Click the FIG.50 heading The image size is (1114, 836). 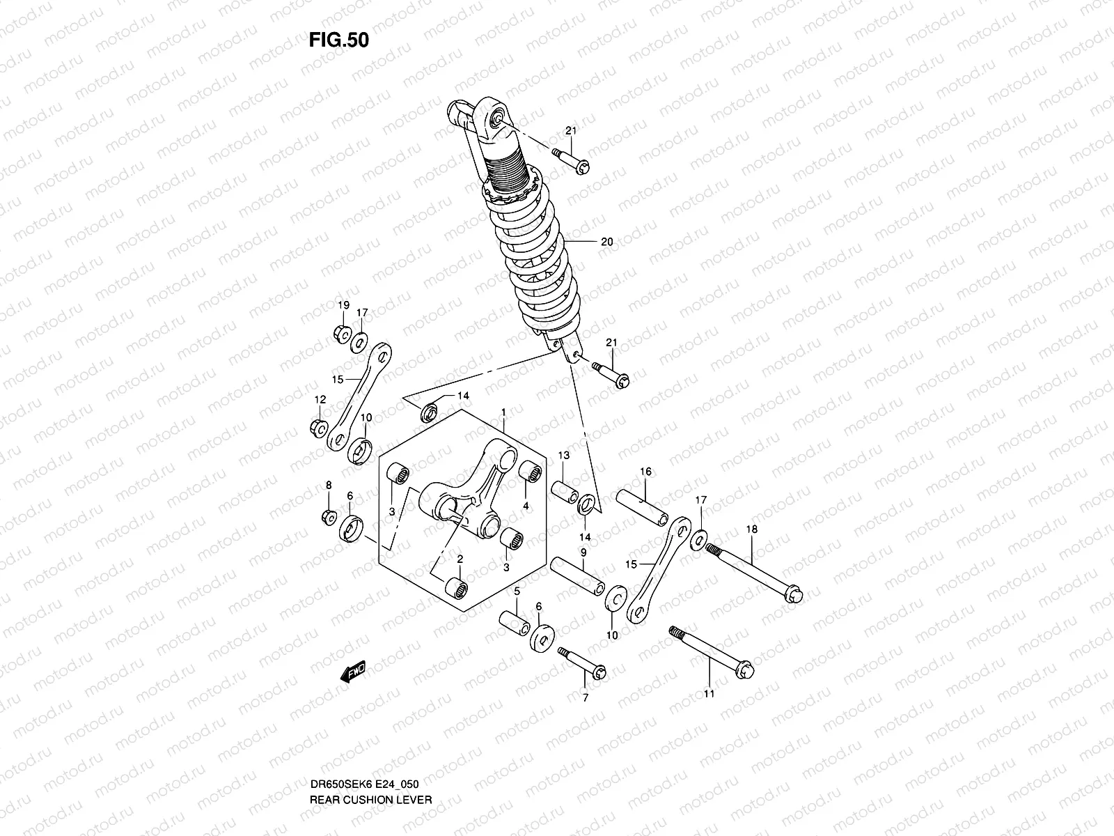coord(338,40)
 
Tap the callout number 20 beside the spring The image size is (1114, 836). coord(606,242)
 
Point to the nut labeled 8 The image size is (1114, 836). coord(329,516)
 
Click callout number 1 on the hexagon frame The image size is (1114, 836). coord(503,413)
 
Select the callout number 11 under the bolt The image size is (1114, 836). coord(709,694)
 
